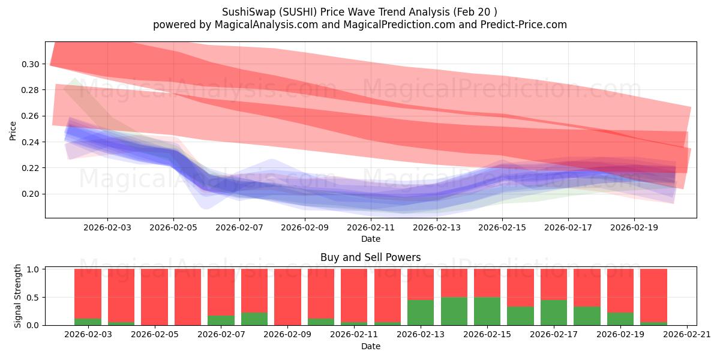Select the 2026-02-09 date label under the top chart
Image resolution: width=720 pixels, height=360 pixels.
(x=305, y=228)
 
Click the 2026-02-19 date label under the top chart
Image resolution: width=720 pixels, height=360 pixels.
(x=635, y=228)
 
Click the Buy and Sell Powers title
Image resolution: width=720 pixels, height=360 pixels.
(x=371, y=257)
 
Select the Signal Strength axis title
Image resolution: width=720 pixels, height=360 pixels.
(x=19, y=296)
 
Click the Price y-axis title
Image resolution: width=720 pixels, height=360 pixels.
(x=13, y=130)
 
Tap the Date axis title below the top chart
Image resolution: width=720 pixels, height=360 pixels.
(x=371, y=238)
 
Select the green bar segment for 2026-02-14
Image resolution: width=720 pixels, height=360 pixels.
(x=454, y=311)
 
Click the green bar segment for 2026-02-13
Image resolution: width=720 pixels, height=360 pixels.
(x=421, y=312)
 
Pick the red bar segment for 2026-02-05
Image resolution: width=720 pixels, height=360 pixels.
(x=154, y=296)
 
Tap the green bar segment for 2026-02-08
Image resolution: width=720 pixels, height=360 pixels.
(x=254, y=319)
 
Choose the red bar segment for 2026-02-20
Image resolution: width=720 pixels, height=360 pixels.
(x=653, y=295)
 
